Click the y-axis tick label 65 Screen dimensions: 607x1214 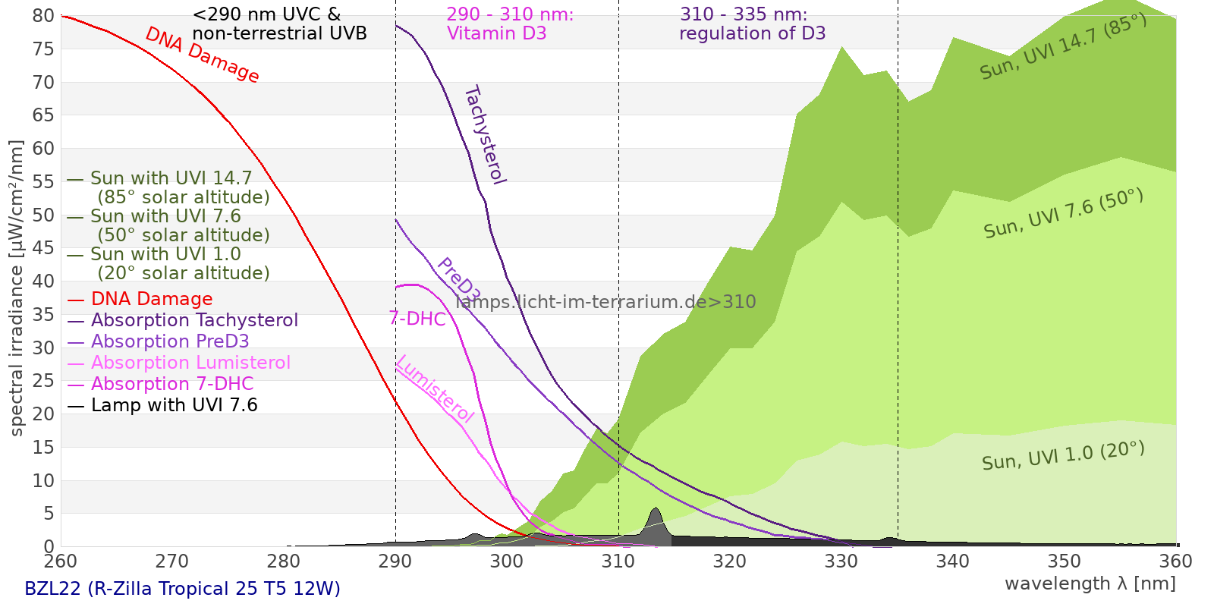point(43,115)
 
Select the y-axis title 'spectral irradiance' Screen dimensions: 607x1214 point(17,288)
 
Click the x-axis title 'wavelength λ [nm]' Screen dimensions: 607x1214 point(1090,584)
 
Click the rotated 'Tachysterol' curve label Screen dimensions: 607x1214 point(485,135)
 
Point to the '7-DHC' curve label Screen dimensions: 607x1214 point(417,319)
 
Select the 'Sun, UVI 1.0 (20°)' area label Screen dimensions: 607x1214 point(1063,456)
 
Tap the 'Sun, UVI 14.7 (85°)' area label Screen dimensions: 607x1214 point(1063,47)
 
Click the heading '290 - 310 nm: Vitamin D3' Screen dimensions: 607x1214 point(510,24)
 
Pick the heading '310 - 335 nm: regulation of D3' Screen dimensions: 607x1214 point(752,24)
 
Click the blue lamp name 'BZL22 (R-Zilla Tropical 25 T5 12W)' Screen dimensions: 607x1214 point(182,589)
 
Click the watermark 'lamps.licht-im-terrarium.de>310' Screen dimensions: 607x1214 point(605,302)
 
